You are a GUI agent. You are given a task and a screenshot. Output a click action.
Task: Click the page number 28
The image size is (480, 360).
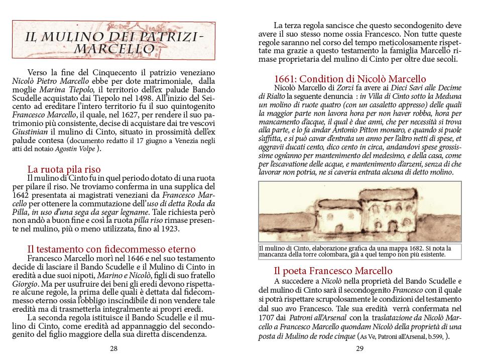(x=114, y=349)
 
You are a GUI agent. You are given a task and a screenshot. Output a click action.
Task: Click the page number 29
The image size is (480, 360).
(x=359, y=349)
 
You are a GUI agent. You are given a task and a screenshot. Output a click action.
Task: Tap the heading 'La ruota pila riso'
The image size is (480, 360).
(x=64, y=169)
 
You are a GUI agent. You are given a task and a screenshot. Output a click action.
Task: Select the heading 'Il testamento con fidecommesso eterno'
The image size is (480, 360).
(x=111, y=249)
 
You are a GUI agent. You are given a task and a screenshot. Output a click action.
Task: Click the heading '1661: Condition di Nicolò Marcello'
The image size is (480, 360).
(x=349, y=79)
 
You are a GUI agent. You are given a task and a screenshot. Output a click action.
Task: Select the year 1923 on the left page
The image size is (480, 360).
(x=169, y=229)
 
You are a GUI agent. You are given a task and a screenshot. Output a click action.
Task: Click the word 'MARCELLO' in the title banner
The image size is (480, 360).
(x=113, y=49)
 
